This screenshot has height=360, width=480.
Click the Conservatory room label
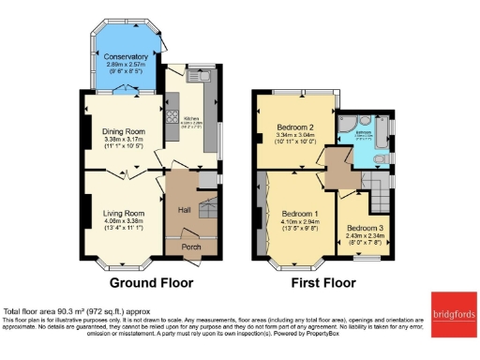point(126,57)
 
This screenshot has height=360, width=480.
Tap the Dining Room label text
point(124,131)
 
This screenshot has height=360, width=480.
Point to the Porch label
point(191,247)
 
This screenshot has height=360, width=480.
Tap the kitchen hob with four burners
point(172,117)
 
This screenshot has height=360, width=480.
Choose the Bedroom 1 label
point(296,215)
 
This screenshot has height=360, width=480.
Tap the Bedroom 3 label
point(365,228)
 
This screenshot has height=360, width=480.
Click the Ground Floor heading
point(152,281)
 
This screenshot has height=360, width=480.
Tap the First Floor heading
point(324,281)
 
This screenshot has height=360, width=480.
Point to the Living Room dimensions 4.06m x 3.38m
point(124,226)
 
